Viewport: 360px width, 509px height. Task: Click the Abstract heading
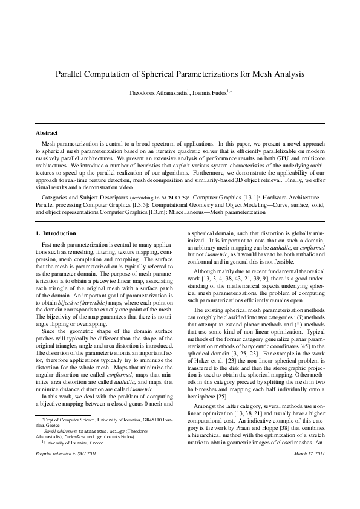point(47,132)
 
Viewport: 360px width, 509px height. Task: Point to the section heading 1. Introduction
point(56,233)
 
